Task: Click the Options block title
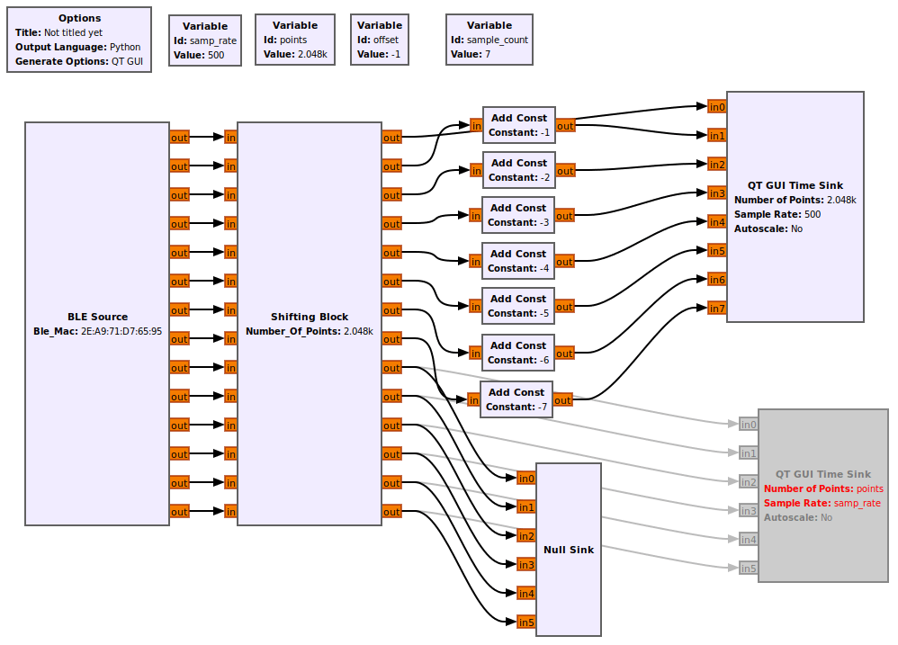tap(79, 18)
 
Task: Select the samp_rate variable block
tap(205, 40)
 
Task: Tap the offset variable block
tap(378, 40)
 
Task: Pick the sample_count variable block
tap(489, 40)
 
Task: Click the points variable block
tap(295, 40)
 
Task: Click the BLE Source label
tap(97, 317)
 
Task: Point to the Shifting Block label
tap(310, 317)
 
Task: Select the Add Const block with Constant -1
tap(519, 125)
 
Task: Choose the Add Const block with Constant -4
tap(519, 261)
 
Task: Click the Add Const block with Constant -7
tap(516, 399)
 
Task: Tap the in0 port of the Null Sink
tap(525, 479)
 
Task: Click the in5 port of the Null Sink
tap(525, 623)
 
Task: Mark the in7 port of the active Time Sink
tap(716, 309)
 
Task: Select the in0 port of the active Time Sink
tap(716, 107)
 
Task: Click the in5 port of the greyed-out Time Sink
tap(748, 569)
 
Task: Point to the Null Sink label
tap(569, 550)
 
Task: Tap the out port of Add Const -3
tap(564, 216)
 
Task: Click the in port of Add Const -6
tap(475, 354)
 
